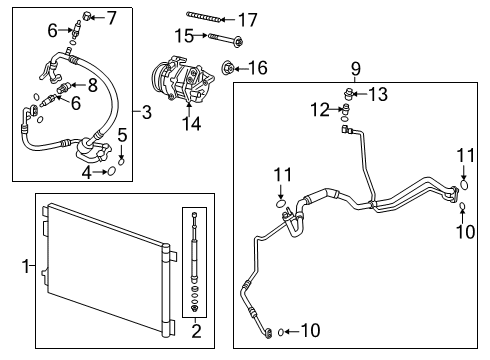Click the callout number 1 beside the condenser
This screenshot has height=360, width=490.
27,267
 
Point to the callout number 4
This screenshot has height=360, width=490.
88,173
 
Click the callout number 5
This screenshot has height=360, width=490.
121,134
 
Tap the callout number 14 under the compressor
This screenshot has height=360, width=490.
187,124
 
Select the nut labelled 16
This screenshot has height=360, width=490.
228,68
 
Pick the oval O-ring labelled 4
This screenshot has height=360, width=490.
111,172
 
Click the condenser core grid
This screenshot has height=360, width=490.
105,265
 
